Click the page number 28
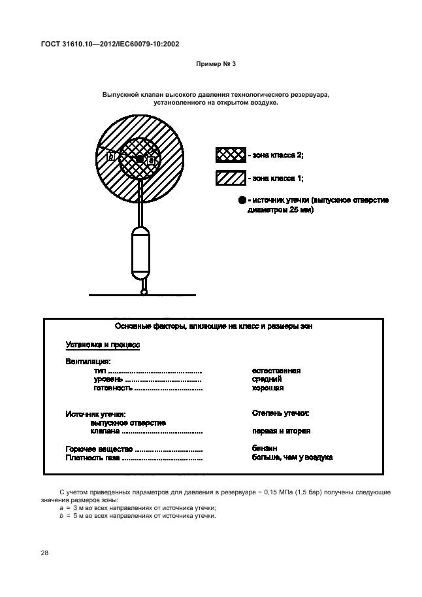[x=44, y=553]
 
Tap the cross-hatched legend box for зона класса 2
[x=231, y=155]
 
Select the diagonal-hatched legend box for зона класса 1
[x=231, y=177]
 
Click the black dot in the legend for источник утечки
[x=242, y=200]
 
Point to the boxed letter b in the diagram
[x=111, y=156]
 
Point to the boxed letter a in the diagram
[x=151, y=160]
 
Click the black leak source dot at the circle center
[x=139, y=159]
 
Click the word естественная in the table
[x=276, y=370]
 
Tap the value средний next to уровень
[x=267, y=379]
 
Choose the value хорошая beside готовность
[x=267, y=388]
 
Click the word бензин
[x=265, y=449]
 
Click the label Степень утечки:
[x=280, y=413]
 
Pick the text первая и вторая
[x=281, y=431]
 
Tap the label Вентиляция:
[x=88, y=361]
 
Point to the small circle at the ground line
[x=144, y=292]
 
